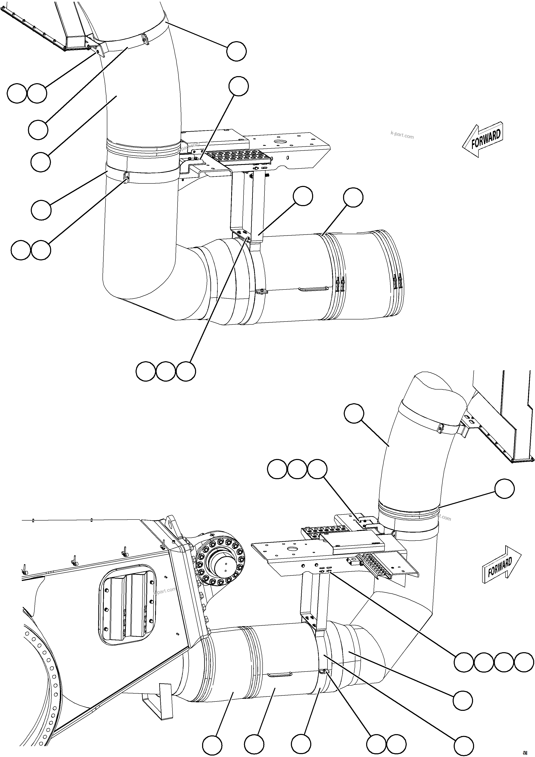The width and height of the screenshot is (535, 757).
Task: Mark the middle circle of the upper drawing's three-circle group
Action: coord(166,372)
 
